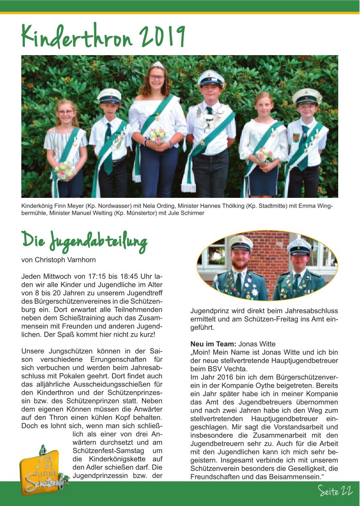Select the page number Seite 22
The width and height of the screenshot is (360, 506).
coord(335,491)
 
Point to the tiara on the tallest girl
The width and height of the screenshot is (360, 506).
coord(157,65)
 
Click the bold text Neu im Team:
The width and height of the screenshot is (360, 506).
coord(213,344)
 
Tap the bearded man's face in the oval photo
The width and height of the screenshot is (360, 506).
coord(240,259)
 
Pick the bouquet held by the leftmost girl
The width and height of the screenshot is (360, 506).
coord(65,170)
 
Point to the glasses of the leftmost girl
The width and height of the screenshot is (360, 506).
coord(65,112)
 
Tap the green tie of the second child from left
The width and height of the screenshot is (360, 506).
coord(108,147)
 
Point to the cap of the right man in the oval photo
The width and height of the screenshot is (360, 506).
coord(299,246)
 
